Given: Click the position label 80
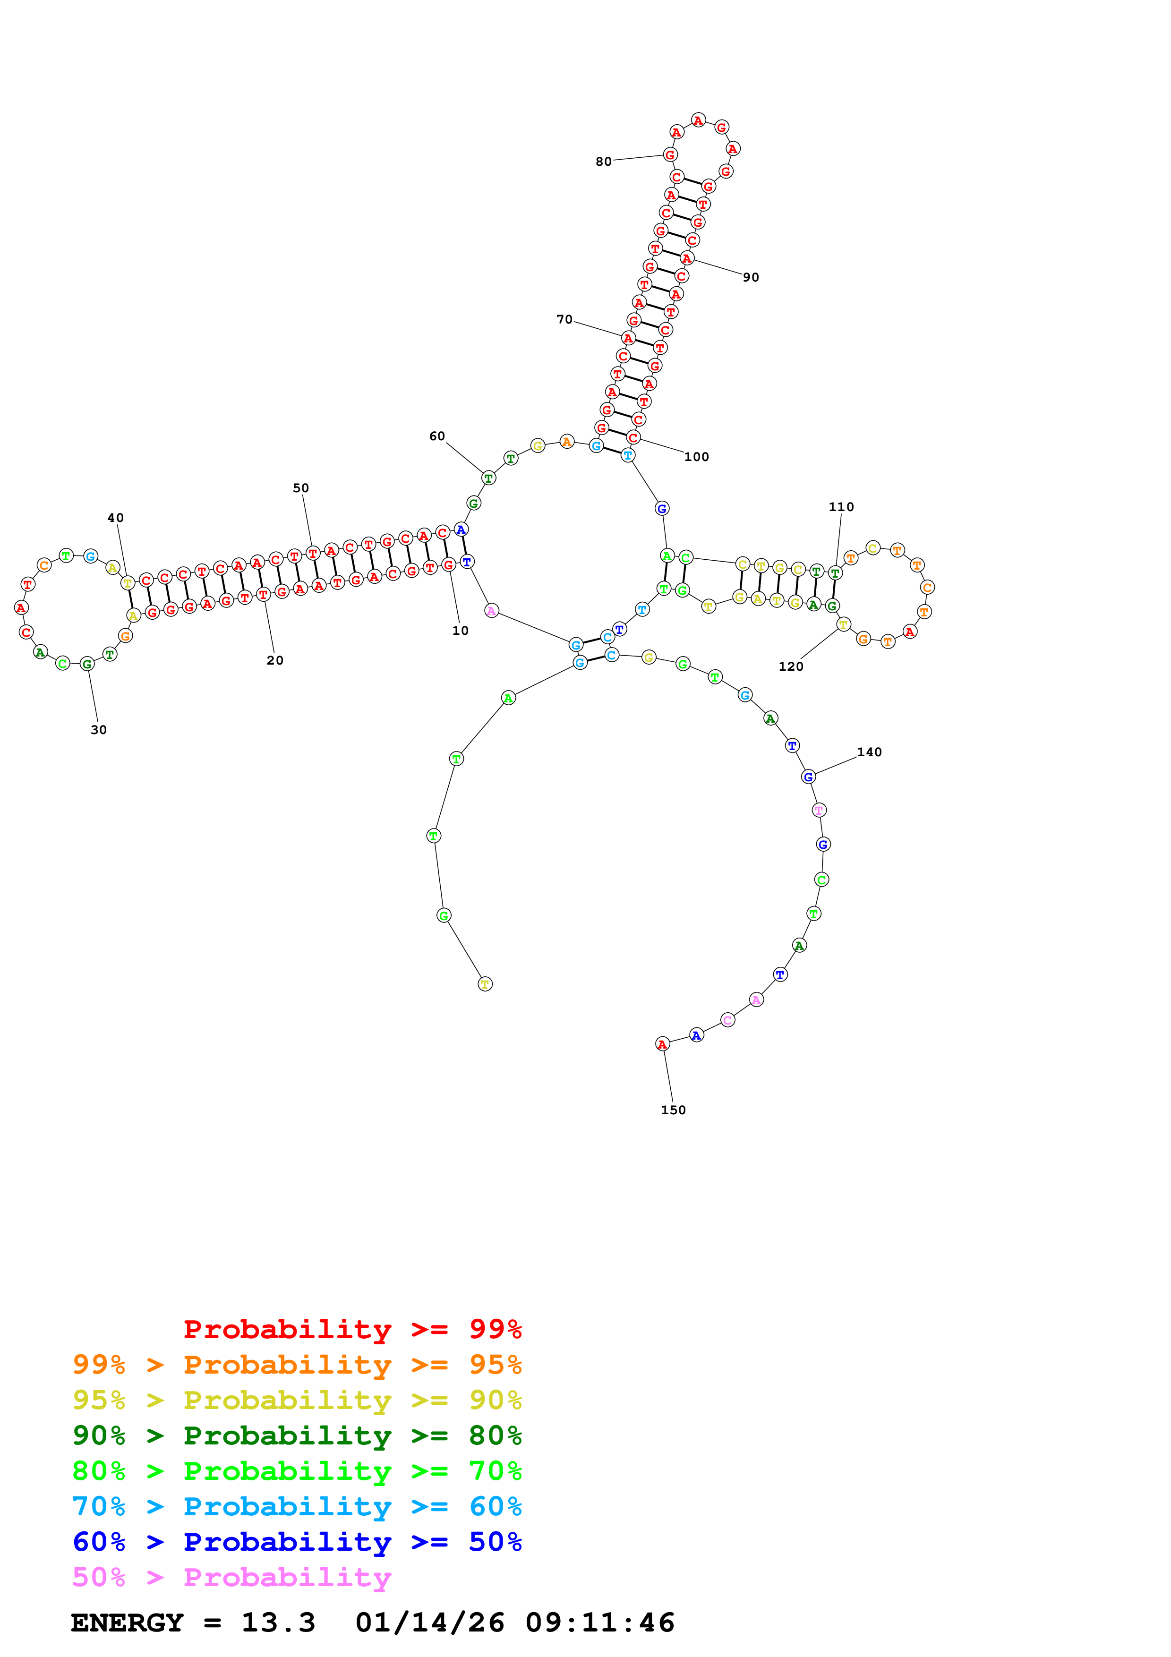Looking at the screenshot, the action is (x=603, y=162).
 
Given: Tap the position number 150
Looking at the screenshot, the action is (x=673, y=1110).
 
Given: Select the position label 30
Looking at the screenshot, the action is (x=99, y=730).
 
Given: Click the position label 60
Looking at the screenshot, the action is (x=437, y=436).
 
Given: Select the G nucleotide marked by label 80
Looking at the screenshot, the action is (x=670, y=154).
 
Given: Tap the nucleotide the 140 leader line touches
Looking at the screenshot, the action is (x=808, y=777).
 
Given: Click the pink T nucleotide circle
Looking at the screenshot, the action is (x=818, y=810).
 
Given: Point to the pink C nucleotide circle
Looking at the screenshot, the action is (x=727, y=1020).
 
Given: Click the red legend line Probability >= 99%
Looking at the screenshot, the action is (x=352, y=1329).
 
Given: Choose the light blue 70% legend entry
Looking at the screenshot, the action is (x=297, y=1506).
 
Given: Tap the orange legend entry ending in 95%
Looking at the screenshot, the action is (x=297, y=1364).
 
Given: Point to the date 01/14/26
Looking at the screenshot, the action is (x=429, y=1623).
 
